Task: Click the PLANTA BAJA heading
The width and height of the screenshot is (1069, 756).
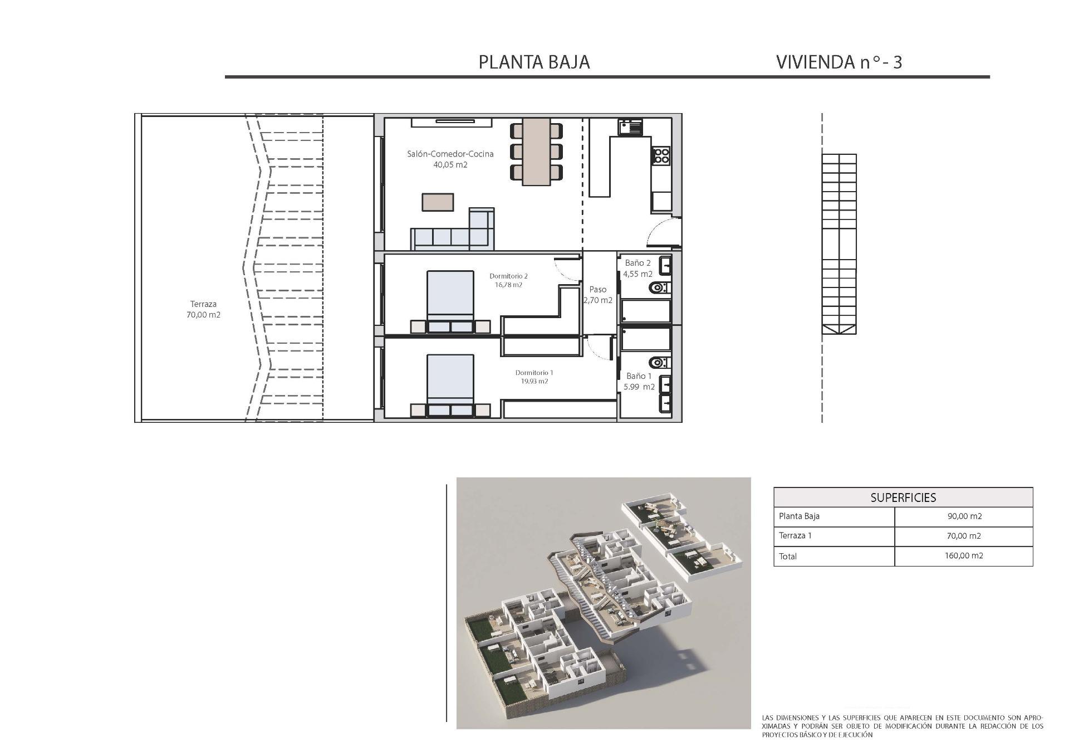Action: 534,62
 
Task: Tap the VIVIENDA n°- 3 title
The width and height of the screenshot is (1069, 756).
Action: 838,62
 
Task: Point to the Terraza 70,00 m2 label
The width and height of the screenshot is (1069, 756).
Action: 203,309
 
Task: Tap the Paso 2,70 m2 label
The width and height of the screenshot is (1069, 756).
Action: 598,295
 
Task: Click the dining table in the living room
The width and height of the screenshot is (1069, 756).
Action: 536,152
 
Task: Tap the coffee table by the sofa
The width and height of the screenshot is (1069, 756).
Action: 438,202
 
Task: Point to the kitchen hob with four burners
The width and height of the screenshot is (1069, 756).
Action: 661,155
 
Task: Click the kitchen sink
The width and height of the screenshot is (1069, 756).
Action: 630,127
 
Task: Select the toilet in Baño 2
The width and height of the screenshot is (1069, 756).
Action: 660,288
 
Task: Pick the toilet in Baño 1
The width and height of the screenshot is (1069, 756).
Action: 660,363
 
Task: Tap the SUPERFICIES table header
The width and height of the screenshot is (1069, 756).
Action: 903,498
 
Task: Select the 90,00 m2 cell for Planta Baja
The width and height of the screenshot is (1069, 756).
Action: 964,516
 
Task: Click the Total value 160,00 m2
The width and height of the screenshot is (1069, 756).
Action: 964,556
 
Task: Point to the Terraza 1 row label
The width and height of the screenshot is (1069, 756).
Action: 795,536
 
